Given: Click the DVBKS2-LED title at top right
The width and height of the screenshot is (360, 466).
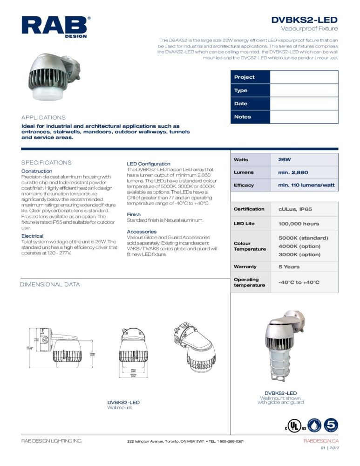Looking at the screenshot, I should pos(305,20).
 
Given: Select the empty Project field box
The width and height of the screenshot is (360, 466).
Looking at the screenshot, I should pos(304,77).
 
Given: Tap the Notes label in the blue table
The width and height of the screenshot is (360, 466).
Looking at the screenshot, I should pos(243,117).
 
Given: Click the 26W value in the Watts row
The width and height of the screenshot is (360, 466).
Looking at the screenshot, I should pos(285,159).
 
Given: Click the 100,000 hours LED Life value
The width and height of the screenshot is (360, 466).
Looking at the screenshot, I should pos(299,224).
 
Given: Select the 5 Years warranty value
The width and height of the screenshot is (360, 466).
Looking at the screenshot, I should pos(289,267).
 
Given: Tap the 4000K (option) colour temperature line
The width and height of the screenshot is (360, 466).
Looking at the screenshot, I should pos(299,246).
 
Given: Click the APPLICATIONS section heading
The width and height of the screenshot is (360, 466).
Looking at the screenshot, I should pos(43,118).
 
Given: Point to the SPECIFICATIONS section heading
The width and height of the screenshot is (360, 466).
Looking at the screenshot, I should pos(46,163).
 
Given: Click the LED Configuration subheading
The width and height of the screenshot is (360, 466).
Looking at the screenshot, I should pos(149,164).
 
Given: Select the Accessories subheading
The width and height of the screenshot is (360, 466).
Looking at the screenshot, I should pos(142,232).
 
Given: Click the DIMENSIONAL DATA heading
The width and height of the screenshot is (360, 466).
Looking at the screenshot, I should pos(50,284).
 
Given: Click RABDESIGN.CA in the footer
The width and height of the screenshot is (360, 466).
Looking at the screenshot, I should pos(321,441).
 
